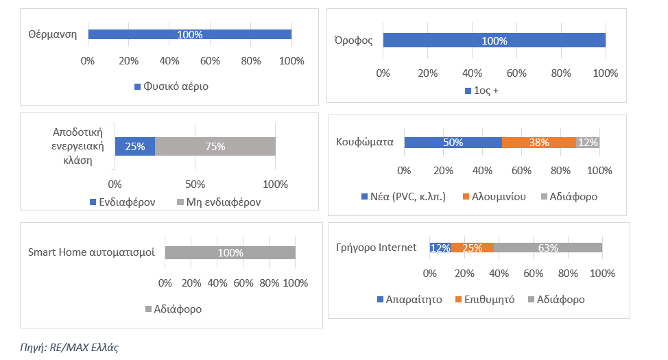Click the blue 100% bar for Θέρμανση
point(189,34)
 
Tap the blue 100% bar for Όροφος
point(494,40)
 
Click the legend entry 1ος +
point(486,91)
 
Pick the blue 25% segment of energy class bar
point(134,146)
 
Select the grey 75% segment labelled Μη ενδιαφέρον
point(215,146)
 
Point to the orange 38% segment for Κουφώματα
point(538,143)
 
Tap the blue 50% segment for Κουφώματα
point(453,143)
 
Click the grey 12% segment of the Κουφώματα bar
point(588,143)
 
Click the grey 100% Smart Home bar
point(230,252)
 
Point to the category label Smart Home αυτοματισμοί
point(91,252)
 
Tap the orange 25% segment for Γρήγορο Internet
point(472,248)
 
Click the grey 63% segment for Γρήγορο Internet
point(547,248)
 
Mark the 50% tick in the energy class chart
point(195,184)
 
